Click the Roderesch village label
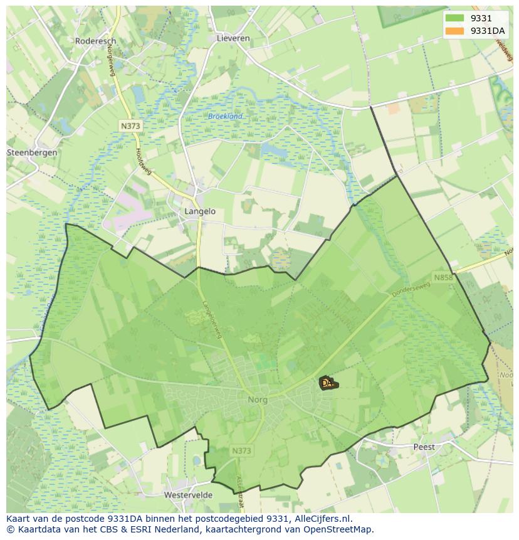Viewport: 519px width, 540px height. click(x=95, y=41)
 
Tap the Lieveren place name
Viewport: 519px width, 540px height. click(x=233, y=38)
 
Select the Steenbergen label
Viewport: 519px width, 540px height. click(x=32, y=152)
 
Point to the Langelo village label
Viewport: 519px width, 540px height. click(x=200, y=211)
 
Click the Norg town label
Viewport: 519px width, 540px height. click(x=257, y=400)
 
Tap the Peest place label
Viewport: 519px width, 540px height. click(x=424, y=447)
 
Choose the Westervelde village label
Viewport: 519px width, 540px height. click(x=188, y=495)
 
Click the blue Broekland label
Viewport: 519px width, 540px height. click(x=225, y=117)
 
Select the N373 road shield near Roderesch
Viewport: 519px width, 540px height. click(x=130, y=126)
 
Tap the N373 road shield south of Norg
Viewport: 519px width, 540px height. click(x=241, y=451)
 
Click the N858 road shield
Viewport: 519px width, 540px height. click(x=443, y=277)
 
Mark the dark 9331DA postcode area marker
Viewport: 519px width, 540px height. click(x=327, y=383)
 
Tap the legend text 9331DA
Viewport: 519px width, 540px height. click(x=487, y=31)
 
